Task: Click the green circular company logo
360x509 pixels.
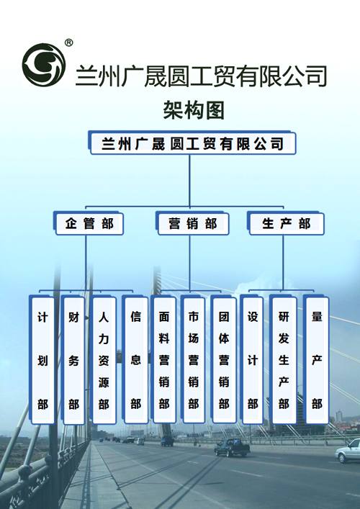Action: point(44,65)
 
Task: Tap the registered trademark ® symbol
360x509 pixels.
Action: point(69,42)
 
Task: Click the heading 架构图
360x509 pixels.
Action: point(194,110)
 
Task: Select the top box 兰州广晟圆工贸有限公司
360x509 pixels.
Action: point(192,143)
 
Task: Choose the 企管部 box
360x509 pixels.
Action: point(89,223)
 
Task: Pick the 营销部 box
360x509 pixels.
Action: point(192,223)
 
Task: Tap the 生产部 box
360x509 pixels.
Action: point(286,223)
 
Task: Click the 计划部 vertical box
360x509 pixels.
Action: point(42,360)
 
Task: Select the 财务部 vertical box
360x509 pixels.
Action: point(73,360)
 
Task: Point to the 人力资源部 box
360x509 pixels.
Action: point(104,360)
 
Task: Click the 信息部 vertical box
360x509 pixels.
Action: point(135,360)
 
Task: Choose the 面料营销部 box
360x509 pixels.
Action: point(163,360)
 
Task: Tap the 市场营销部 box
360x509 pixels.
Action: point(193,360)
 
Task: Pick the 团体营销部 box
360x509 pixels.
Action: point(223,360)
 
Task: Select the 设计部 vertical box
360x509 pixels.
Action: point(252,360)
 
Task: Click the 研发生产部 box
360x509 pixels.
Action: point(284,360)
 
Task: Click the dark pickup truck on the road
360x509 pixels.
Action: point(232,447)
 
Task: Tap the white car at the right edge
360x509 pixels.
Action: point(348,451)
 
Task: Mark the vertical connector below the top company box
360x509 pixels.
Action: point(189,181)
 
